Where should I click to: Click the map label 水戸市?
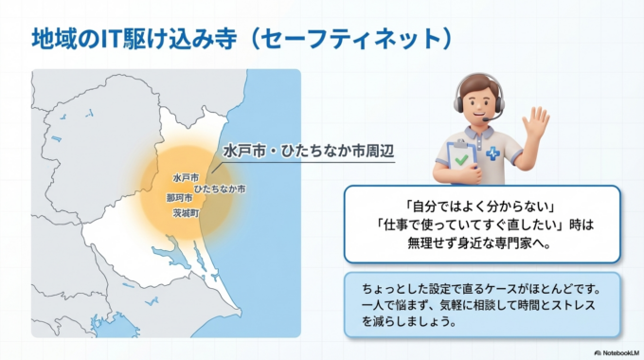pos(186,177)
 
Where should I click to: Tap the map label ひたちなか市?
pos(219,189)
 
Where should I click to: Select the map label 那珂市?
pos(180,199)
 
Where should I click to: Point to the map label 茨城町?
pos(186,215)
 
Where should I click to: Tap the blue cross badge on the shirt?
pos(492,153)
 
